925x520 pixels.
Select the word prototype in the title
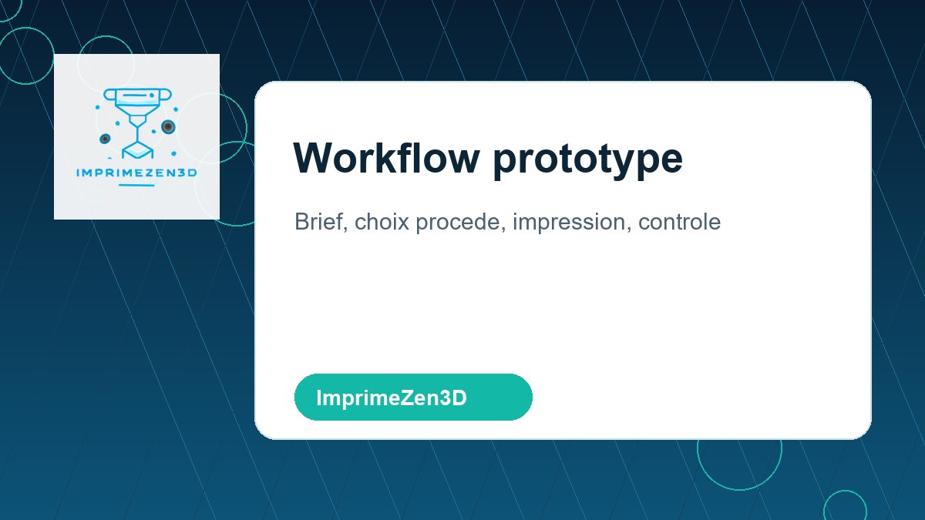[x=587, y=159]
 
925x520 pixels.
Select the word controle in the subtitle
[x=679, y=222]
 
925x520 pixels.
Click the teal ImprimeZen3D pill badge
[x=413, y=398]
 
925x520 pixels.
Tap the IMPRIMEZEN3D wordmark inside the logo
[x=136, y=173]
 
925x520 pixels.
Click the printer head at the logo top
[x=136, y=97]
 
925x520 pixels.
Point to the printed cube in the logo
[x=136, y=150]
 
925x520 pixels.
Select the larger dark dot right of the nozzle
[x=167, y=127]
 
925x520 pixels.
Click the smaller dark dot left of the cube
[x=105, y=139]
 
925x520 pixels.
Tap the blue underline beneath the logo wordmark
[x=136, y=186]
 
